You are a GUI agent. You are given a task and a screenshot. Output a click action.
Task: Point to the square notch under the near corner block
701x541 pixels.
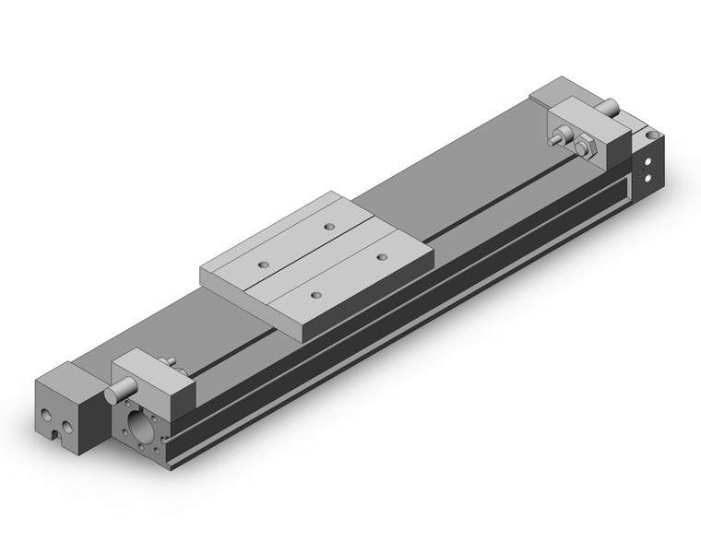coord(62,426)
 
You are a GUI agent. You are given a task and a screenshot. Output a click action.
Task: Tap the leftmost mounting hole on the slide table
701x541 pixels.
coord(261,265)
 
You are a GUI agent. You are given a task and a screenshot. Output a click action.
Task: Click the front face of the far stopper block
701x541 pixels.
coord(590,138)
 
